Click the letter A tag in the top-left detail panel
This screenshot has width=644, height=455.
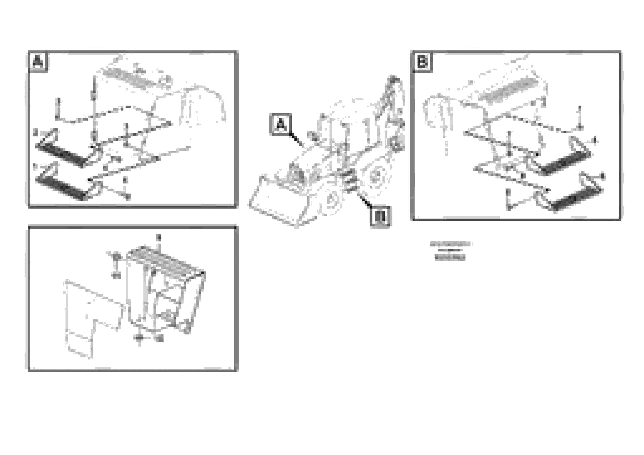tap(38, 62)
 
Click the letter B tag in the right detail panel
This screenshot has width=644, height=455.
tap(422, 62)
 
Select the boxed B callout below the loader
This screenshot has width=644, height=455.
tap(380, 216)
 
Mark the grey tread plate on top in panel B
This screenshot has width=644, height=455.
tap(508, 90)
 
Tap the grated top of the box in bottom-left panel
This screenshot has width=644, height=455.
tap(164, 258)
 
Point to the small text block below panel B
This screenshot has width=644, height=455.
tap(450, 251)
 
